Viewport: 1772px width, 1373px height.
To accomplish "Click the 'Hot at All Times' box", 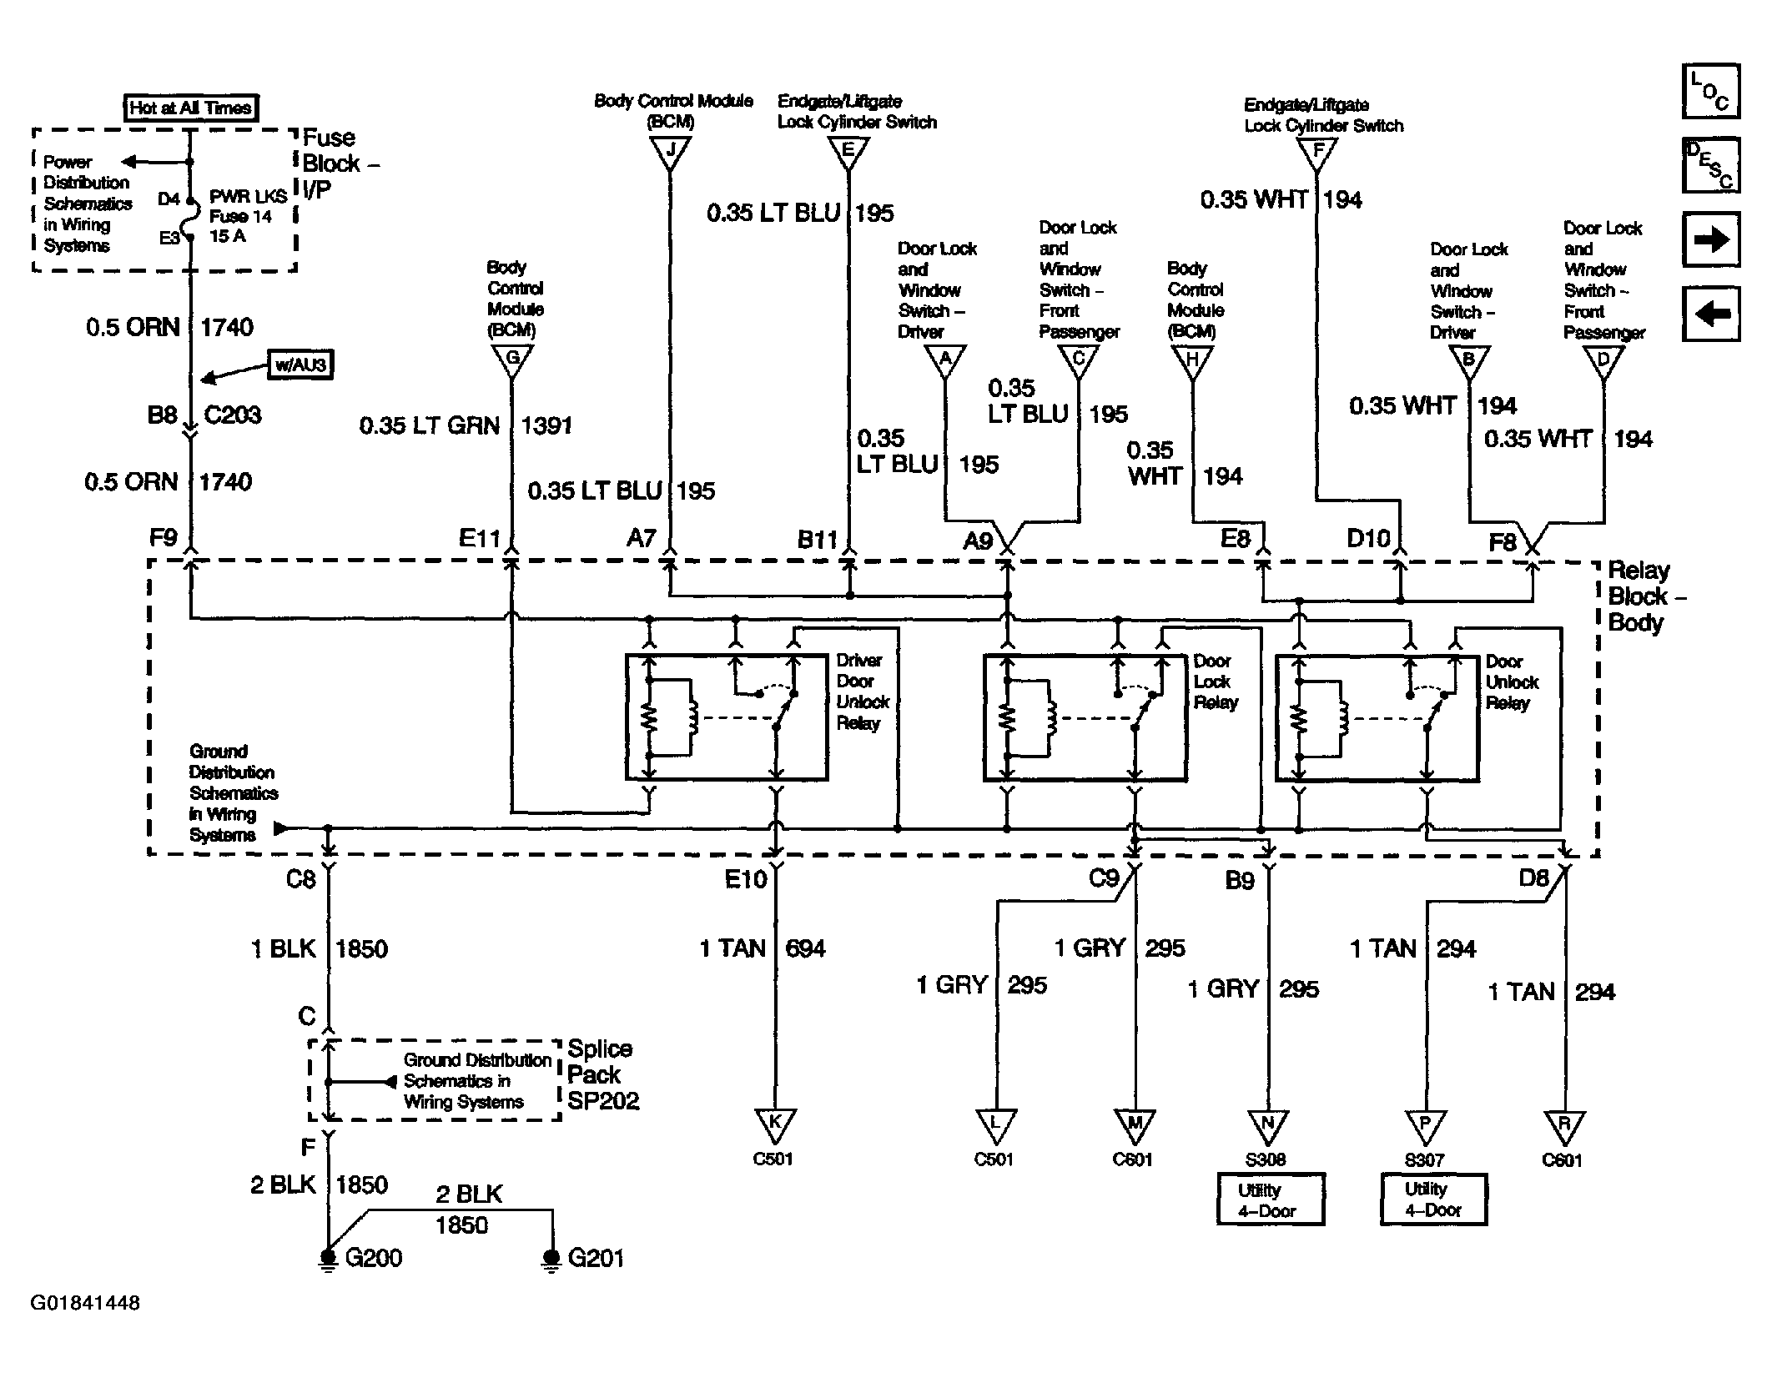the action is [190, 108].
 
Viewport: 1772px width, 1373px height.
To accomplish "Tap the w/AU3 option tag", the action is [300, 365].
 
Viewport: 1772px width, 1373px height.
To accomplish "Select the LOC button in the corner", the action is [1710, 91].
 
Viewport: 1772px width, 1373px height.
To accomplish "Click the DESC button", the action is [1710, 165].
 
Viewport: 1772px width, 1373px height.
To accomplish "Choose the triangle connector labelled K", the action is [775, 1124].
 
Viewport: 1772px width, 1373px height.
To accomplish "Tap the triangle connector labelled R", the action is [1564, 1125].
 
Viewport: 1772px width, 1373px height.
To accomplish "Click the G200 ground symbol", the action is [328, 1259].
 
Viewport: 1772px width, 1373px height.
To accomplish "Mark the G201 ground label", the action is [596, 1258].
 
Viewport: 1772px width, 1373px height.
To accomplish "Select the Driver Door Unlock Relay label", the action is [863, 692].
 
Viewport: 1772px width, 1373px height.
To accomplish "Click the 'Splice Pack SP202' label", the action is [602, 1074].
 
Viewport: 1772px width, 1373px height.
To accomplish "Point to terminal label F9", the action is [164, 537].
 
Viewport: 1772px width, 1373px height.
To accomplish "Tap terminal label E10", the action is [745, 879].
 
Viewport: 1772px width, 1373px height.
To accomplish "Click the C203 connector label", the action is [233, 415].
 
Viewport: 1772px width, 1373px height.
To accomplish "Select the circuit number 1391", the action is [546, 425].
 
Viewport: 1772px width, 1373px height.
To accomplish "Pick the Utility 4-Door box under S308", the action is [1270, 1199].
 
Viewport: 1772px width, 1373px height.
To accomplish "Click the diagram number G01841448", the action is [85, 1303].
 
